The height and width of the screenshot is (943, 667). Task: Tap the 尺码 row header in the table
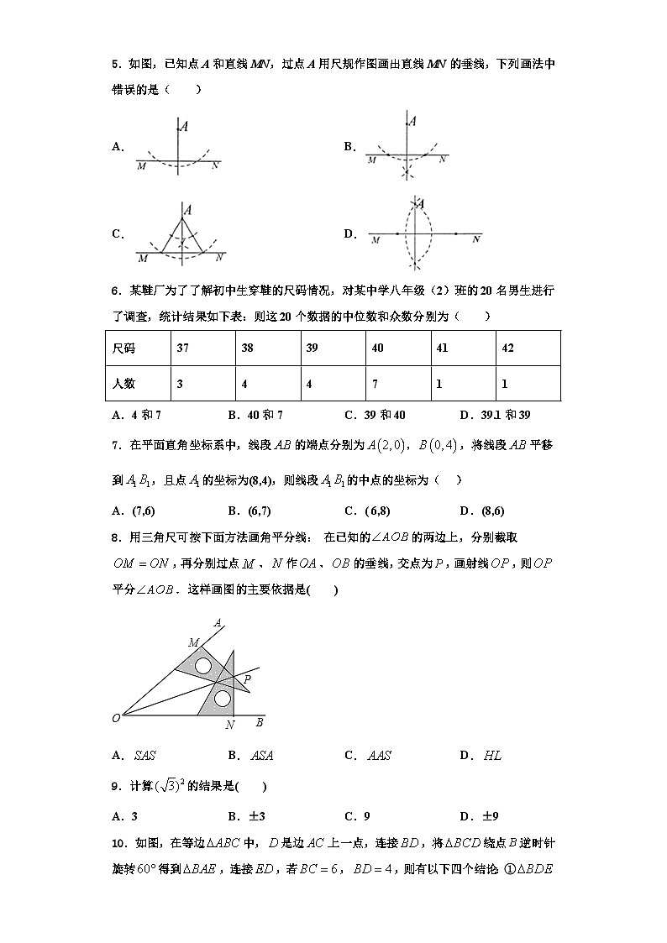point(137,348)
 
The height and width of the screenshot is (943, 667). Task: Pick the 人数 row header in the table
point(137,384)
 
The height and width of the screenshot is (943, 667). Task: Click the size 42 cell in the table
point(528,348)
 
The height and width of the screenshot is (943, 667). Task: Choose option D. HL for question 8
point(481,755)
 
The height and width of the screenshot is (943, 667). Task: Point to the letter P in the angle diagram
point(246,678)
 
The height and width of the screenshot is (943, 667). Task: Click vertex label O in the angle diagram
point(116,718)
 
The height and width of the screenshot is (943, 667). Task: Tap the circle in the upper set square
point(202,667)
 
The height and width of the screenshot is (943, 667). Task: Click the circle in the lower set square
point(222,699)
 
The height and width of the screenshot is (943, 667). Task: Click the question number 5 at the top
point(115,64)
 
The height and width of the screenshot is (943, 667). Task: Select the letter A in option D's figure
point(419,203)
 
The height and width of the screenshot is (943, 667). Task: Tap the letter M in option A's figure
point(141,167)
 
